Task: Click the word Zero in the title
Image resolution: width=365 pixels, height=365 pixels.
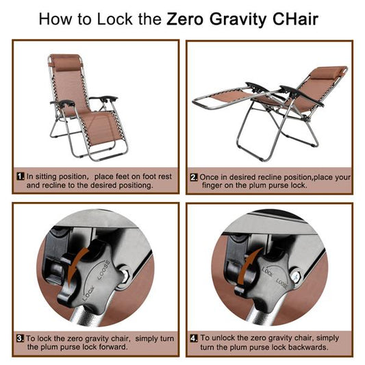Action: click(184, 18)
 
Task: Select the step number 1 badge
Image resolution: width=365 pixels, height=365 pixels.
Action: click(20, 177)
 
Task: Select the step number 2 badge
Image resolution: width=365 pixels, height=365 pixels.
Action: click(194, 177)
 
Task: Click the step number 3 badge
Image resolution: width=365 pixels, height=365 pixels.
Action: click(20, 338)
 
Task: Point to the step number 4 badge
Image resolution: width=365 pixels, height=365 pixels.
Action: click(194, 338)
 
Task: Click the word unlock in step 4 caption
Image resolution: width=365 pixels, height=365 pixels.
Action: click(229, 338)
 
